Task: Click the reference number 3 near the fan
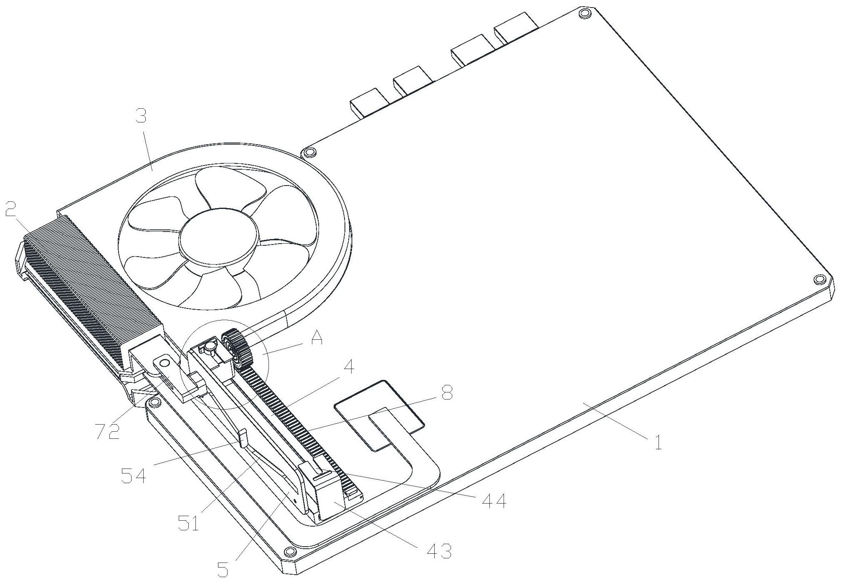point(142,116)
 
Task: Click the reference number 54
point(134,475)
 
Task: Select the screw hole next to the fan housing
point(309,152)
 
